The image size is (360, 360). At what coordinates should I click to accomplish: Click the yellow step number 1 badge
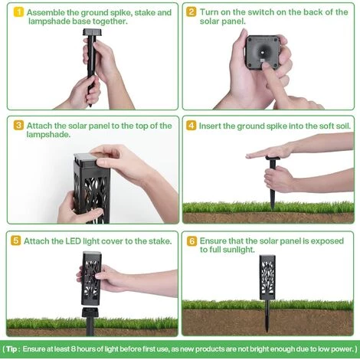pos(18,12)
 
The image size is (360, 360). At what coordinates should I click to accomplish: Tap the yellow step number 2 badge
pos(191,12)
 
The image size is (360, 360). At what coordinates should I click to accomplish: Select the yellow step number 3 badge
pos(18,126)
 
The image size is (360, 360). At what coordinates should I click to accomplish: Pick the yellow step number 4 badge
pos(191,126)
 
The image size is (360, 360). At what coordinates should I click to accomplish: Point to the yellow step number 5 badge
pos(16,241)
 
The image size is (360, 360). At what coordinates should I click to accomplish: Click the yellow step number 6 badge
pos(191,241)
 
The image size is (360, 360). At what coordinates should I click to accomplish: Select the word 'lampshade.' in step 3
pos(48,134)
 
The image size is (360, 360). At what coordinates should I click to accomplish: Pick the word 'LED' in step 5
pos(74,241)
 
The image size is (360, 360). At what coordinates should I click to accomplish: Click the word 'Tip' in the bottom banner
pos(11,349)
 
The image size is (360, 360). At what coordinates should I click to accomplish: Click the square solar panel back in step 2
pos(262,52)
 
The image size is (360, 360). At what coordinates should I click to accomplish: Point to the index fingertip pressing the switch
pos(266,64)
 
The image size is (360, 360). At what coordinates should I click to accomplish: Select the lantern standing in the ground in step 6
pos(267,293)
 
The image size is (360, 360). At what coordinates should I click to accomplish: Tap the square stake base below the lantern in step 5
pos(89,313)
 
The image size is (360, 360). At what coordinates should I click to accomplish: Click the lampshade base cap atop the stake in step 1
pos(92,32)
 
